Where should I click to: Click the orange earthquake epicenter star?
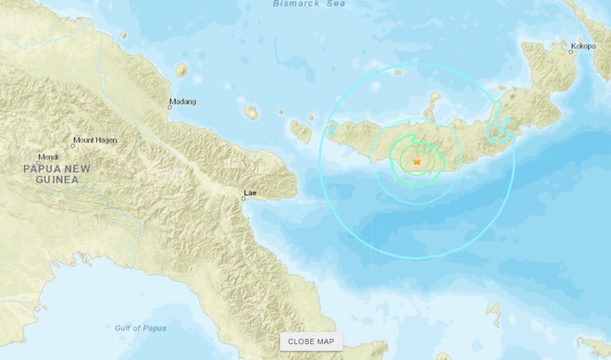[x=417, y=162]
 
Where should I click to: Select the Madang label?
[x=182, y=102]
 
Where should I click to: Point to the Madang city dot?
[x=170, y=108]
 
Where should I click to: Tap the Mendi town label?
[x=47, y=156]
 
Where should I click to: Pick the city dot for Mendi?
[x=43, y=163]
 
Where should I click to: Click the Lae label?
[x=248, y=193]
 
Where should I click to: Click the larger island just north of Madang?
[x=182, y=69]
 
